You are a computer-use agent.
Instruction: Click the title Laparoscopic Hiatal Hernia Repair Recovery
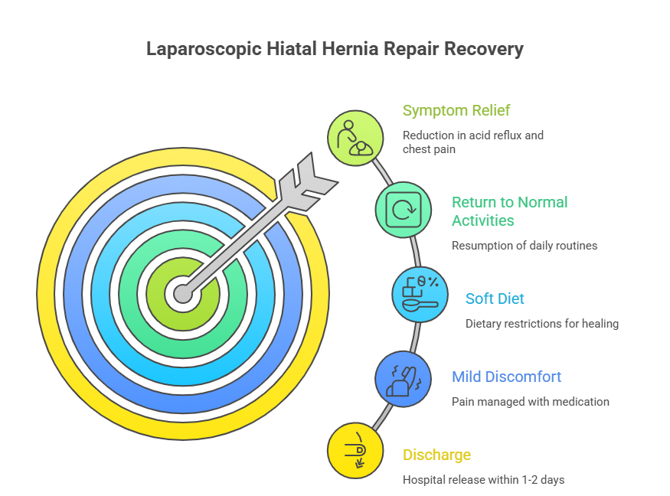point(335,50)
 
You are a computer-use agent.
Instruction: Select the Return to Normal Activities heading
point(509,211)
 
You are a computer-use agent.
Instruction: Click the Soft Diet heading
point(495,299)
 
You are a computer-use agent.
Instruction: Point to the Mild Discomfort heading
point(506,377)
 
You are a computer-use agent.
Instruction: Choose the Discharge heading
point(436,455)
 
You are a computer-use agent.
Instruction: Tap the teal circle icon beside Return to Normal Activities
point(402,209)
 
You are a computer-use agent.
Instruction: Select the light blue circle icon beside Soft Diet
point(420,293)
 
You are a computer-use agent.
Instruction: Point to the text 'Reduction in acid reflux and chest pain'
point(473,142)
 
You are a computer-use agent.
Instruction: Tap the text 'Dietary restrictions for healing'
point(541,323)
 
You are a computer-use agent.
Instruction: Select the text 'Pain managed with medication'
point(530,401)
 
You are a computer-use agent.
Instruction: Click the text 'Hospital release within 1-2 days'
point(484,480)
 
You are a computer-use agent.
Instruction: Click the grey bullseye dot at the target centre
point(182,293)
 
